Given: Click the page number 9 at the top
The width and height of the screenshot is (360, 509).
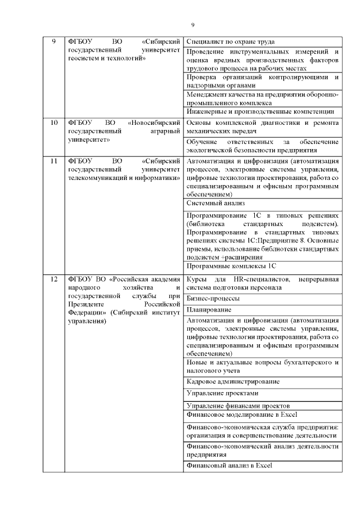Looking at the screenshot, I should (192, 25).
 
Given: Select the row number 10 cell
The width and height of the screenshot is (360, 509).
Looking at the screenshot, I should (54, 122).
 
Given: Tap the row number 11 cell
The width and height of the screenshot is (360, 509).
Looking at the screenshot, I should (54, 161).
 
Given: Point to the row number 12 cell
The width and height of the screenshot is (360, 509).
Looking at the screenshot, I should (54, 279).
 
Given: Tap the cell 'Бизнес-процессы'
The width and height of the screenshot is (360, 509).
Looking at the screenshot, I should (213, 298).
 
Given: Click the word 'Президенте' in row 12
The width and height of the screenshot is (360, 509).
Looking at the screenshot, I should (84, 304).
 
